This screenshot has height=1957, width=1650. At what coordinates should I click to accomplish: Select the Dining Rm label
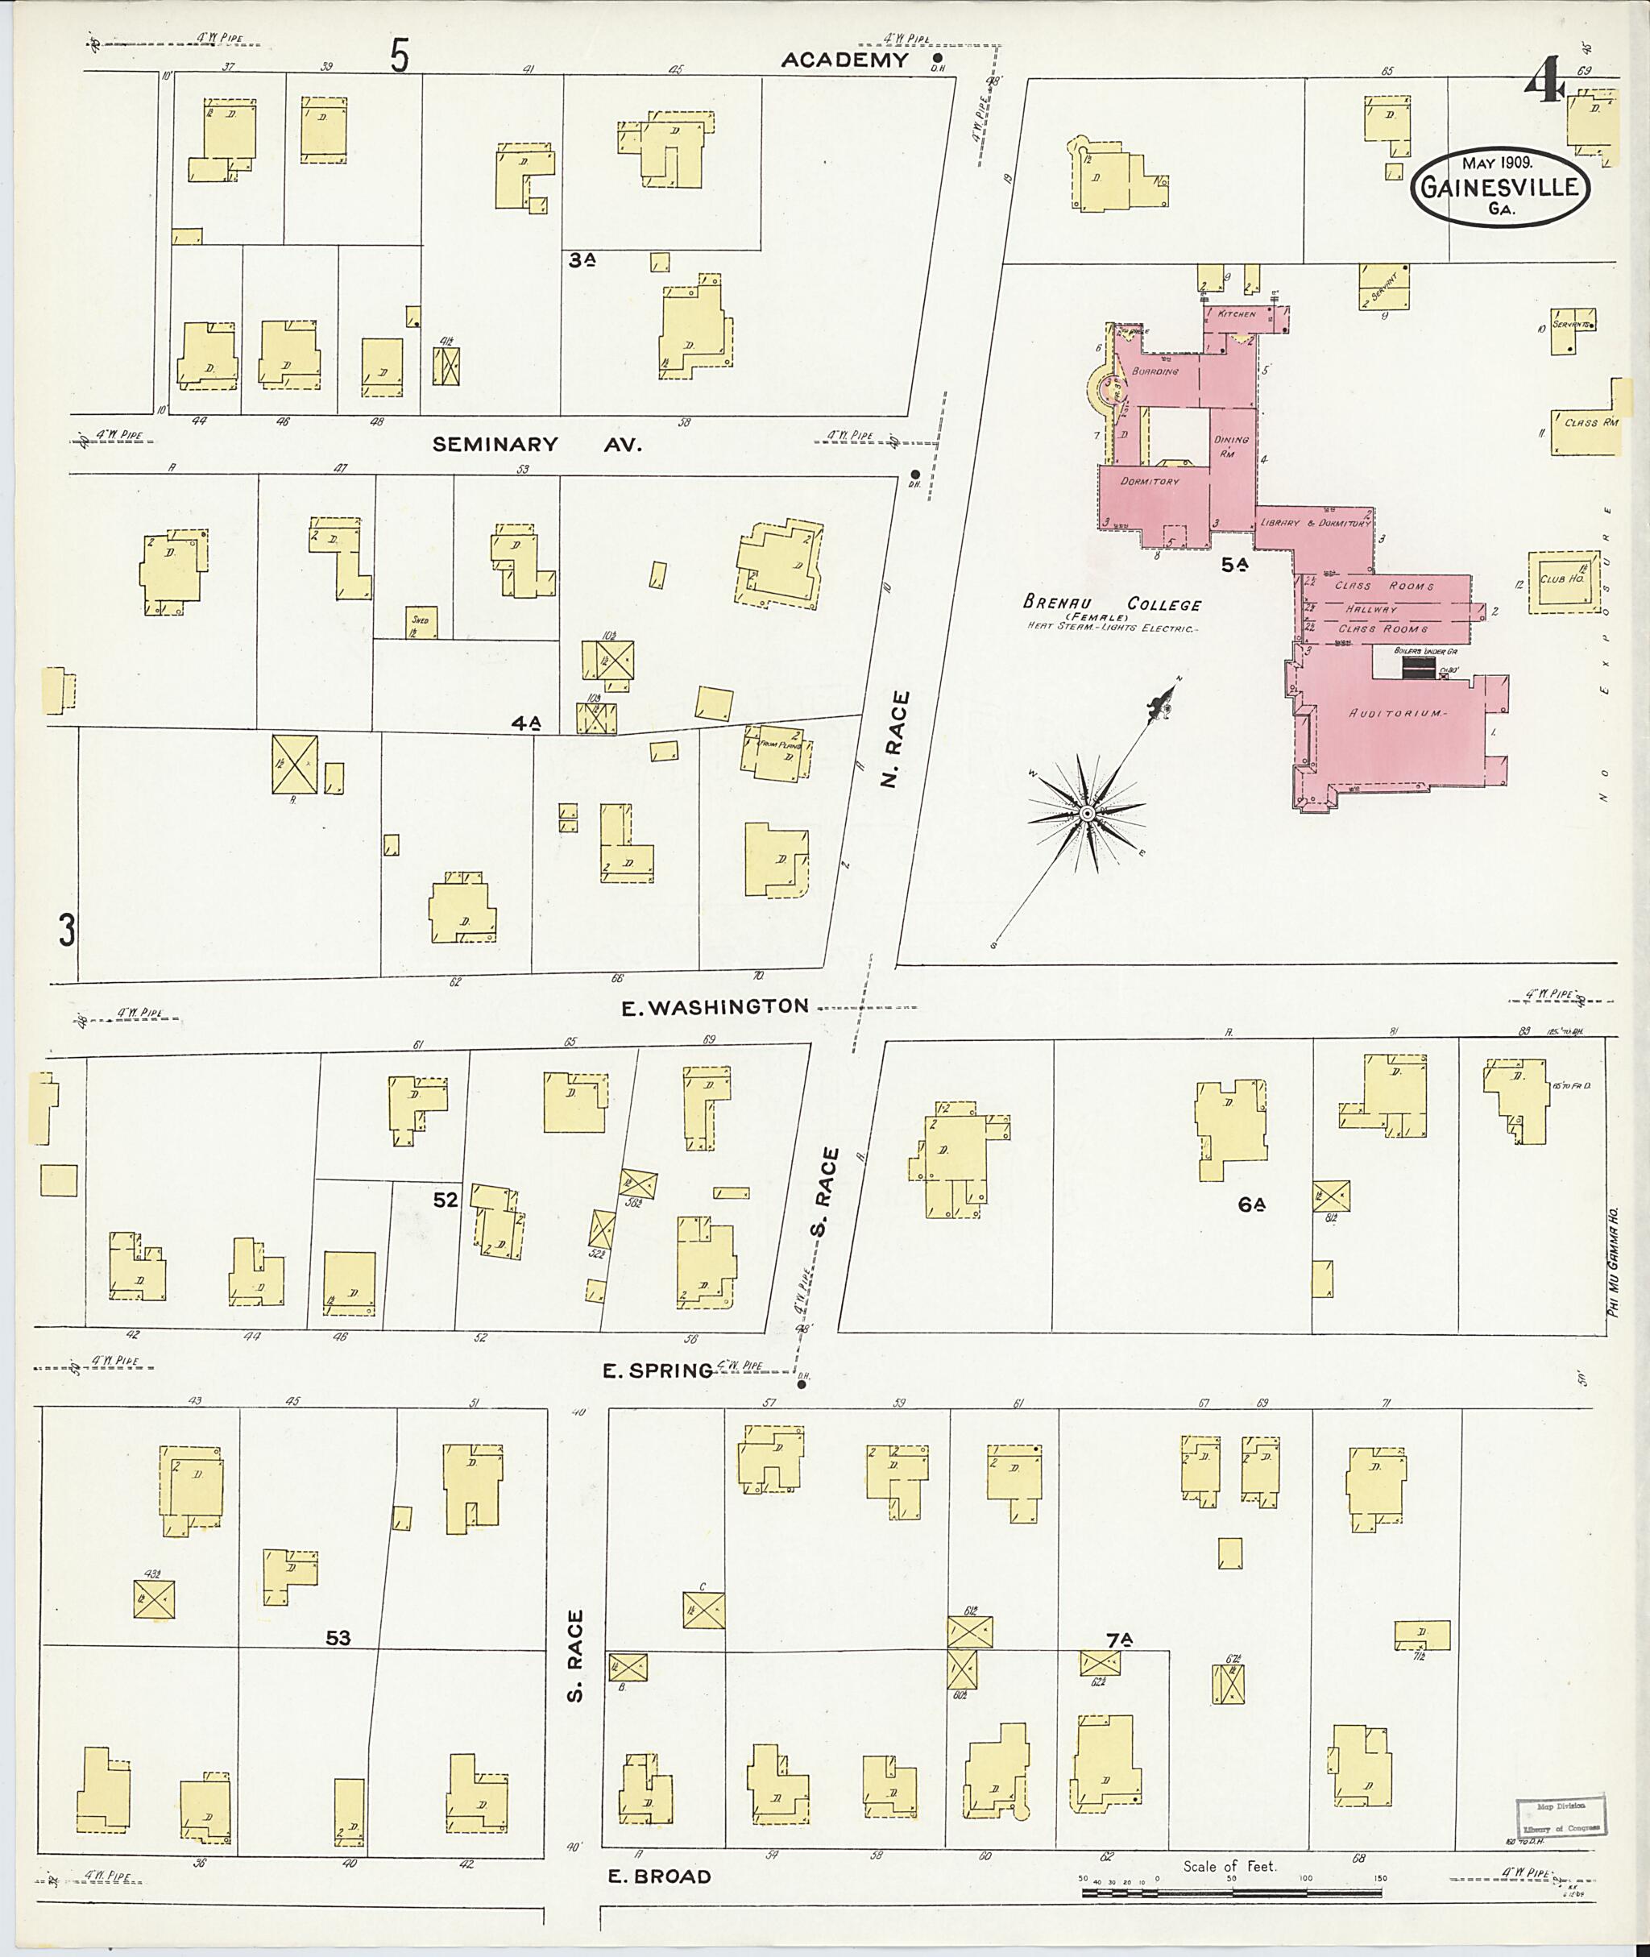click(x=1231, y=446)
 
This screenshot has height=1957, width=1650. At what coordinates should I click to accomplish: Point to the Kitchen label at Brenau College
click(x=1237, y=314)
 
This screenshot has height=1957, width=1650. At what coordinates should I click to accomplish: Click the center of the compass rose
click(x=1087, y=814)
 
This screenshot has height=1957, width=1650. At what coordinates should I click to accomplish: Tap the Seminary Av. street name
click(x=537, y=446)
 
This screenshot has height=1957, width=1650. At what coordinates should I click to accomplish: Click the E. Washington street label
click(x=715, y=1006)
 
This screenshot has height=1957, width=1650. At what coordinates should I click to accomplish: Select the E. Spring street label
click(x=657, y=1371)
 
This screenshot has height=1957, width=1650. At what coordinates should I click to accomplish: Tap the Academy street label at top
click(x=844, y=60)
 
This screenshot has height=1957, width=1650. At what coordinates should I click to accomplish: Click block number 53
click(x=338, y=1638)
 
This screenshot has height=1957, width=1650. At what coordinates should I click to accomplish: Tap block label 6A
click(x=1251, y=1204)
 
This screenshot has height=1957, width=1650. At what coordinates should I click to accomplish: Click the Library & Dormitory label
click(x=1314, y=523)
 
